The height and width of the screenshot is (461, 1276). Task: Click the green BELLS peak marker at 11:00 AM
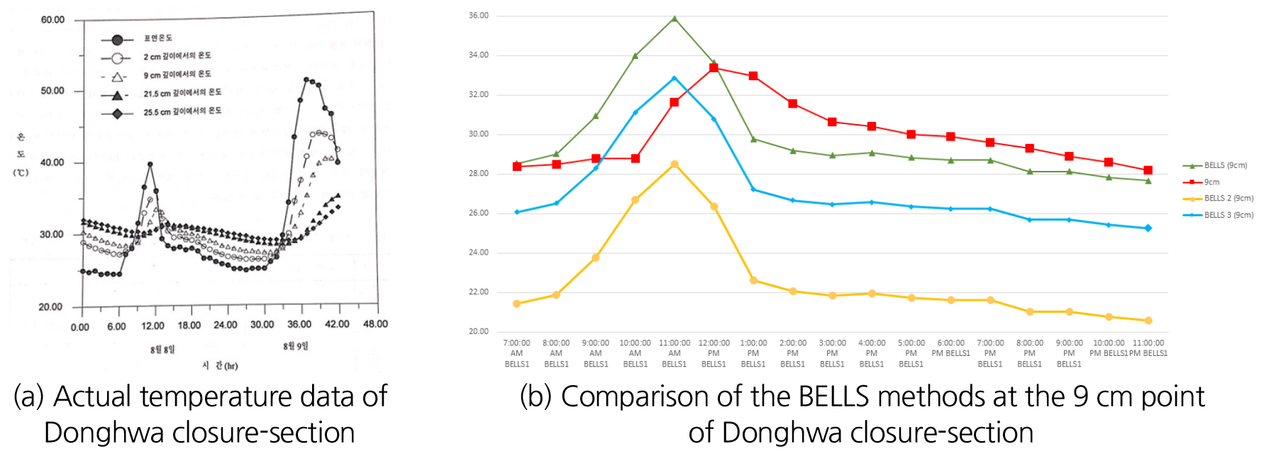pyautogui.click(x=675, y=18)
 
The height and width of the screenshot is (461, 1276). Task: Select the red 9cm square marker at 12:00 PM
pyautogui.click(x=714, y=68)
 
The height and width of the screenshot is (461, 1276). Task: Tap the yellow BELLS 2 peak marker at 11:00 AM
pyautogui.click(x=675, y=165)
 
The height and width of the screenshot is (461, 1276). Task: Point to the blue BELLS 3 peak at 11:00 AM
pyautogui.click(x=675, y=78)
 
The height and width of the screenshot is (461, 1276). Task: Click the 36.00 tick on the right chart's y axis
pyautogui.click(x=479, y=16)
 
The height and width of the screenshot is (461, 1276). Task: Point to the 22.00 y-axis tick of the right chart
pyautogui.click(x=479, y=292)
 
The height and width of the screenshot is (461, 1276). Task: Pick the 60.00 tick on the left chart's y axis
pyautogui.click(x=52, y=20)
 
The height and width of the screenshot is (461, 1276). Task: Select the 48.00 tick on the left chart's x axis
pyautogui.click(x=375, y=324)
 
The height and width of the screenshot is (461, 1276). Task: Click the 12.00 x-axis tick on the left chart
pyautogui.click(x=152, y=326)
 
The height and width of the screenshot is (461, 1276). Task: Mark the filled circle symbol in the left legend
pyautogui.click(x=118, y=40)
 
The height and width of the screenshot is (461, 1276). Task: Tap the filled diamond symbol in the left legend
pyautogui.click(x=118, y=113)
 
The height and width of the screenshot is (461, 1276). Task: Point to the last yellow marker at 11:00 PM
pyautogui.click(x=1148, y=321)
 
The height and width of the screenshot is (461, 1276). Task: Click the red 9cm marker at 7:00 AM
pyautogui.click(x=517, y=166)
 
